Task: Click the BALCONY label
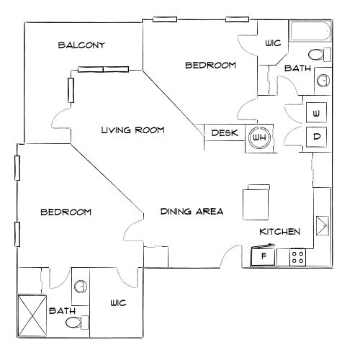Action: pyautogui.click(x=82, y=45)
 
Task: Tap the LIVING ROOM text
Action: pyautogui.click(x=133, y=130)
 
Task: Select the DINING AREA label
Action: pyautogui.click(x=192, y=212)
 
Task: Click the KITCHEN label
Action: pyautogui.click(x=280, y=231)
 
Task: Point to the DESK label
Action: pyautogui.click(x=225, y=133)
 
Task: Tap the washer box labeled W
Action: pyautogui.click(x=317, y=112)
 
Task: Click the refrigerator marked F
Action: pyautogui.click(x=264, y=257)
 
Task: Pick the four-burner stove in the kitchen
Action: pyautogui.click(x=297, y=257)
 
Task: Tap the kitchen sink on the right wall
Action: pyautogui.click(x=322, y=225)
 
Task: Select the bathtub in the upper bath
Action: pyautogui.click(x=310, y=32)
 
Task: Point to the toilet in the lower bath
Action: pyautogui.click(x=75, y=324)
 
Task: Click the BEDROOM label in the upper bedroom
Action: pyautogui.click(x=211, y=66)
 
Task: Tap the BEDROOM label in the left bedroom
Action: pyautogui.click(x=66, y=212)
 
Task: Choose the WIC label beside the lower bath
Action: pyautogui.click(x=118, y=303)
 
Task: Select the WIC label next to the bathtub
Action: pyautogui.click(x=273, y=43)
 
